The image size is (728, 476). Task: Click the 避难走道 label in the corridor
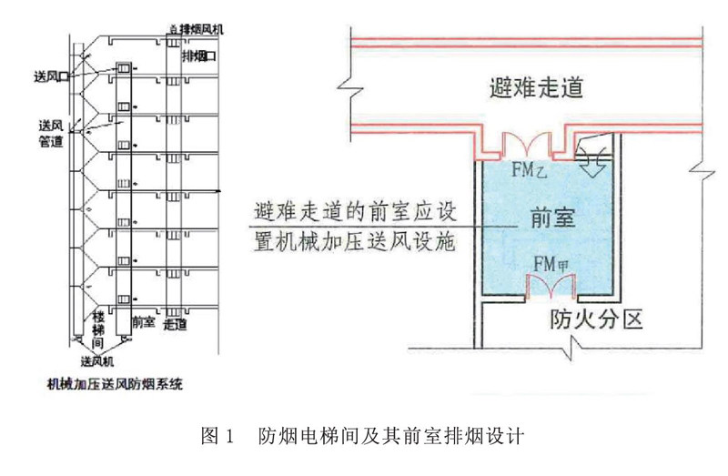click(x=534, y=89)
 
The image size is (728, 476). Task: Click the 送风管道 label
click(x=51, y=132)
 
